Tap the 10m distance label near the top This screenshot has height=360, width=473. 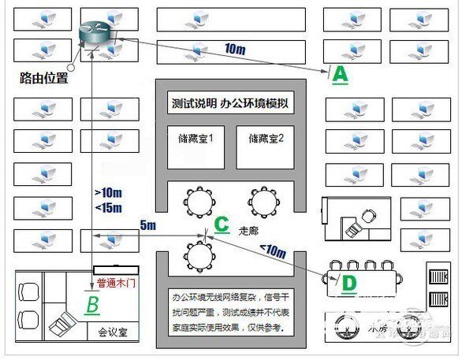(x=236, y=49)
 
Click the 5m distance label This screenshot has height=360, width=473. (x=148, y=226)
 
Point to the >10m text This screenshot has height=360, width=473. (x=107, y=192)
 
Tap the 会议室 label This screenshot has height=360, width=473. (x=113, y=332)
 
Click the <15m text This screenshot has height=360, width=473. (x=107, y=207)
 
